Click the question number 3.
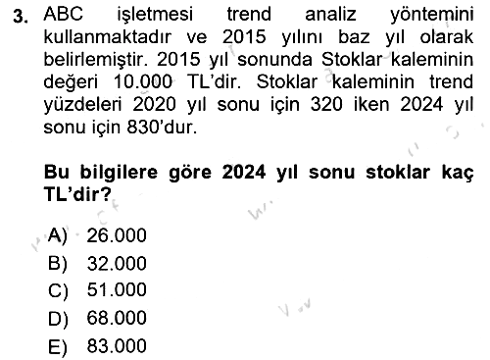click(20, 17)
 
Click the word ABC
click(64, 14)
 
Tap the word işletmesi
click(155, 16)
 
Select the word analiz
click(330, 15)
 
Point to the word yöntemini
click(431, 16)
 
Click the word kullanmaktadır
click(107, 37)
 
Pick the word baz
click(354, 37)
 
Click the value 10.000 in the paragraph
click(142, 81)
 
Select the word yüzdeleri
click(82, 105)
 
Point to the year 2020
click(154, 105)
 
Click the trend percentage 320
click(326, 105)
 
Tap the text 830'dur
click(162, 127)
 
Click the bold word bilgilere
click(119, 173)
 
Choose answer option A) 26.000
click(97, 235)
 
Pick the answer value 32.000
click(117, 264)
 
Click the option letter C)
click(58, 290)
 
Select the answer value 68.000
click(117, 318)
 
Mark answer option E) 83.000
click(97, 346)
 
